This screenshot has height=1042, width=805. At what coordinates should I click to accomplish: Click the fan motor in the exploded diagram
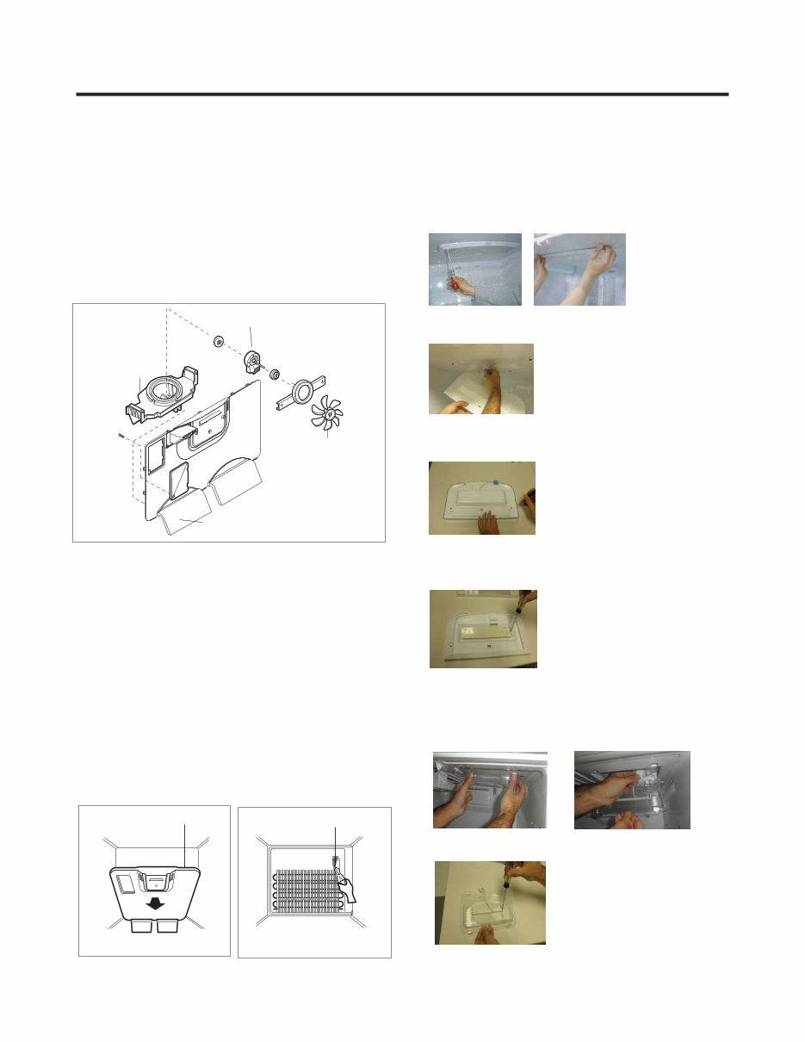254,362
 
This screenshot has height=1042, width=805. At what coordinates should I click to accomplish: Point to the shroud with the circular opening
162,400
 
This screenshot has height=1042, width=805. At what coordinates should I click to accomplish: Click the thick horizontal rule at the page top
402,94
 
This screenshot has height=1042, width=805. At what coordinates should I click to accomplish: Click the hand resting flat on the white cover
487,518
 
